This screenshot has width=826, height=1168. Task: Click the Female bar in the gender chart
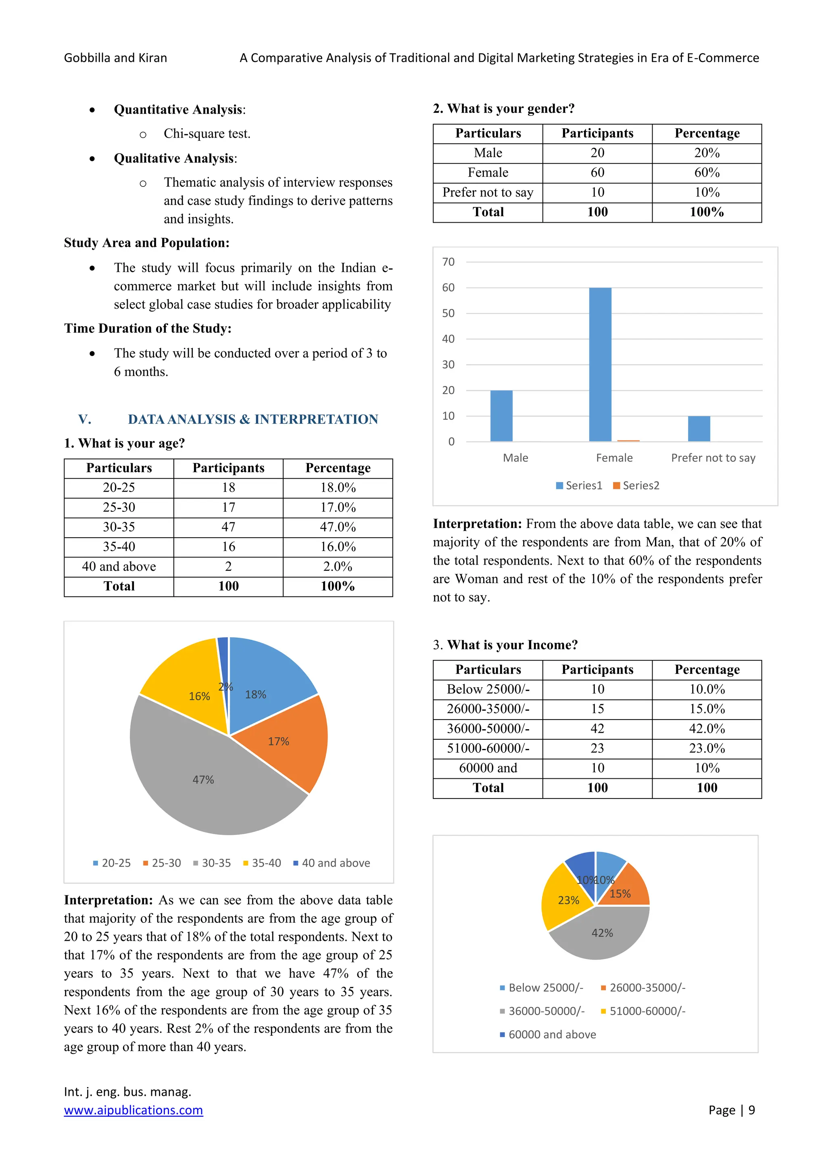(600, 364)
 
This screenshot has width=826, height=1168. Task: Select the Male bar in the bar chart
(501, 416)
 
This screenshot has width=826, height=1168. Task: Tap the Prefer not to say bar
(699, 428)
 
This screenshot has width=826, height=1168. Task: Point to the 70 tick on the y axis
(448, 262)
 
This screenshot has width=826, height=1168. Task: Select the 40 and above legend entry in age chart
(332, 863)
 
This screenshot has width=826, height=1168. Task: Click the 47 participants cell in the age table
(228, 527)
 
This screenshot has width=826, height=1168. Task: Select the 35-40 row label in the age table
(119, 547)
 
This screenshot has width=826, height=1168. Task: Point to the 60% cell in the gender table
(707, 173)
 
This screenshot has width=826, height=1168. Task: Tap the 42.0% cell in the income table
(707, 728)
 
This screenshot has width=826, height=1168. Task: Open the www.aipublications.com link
(133, 1110)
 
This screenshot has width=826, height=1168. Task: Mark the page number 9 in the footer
(751, 1110)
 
